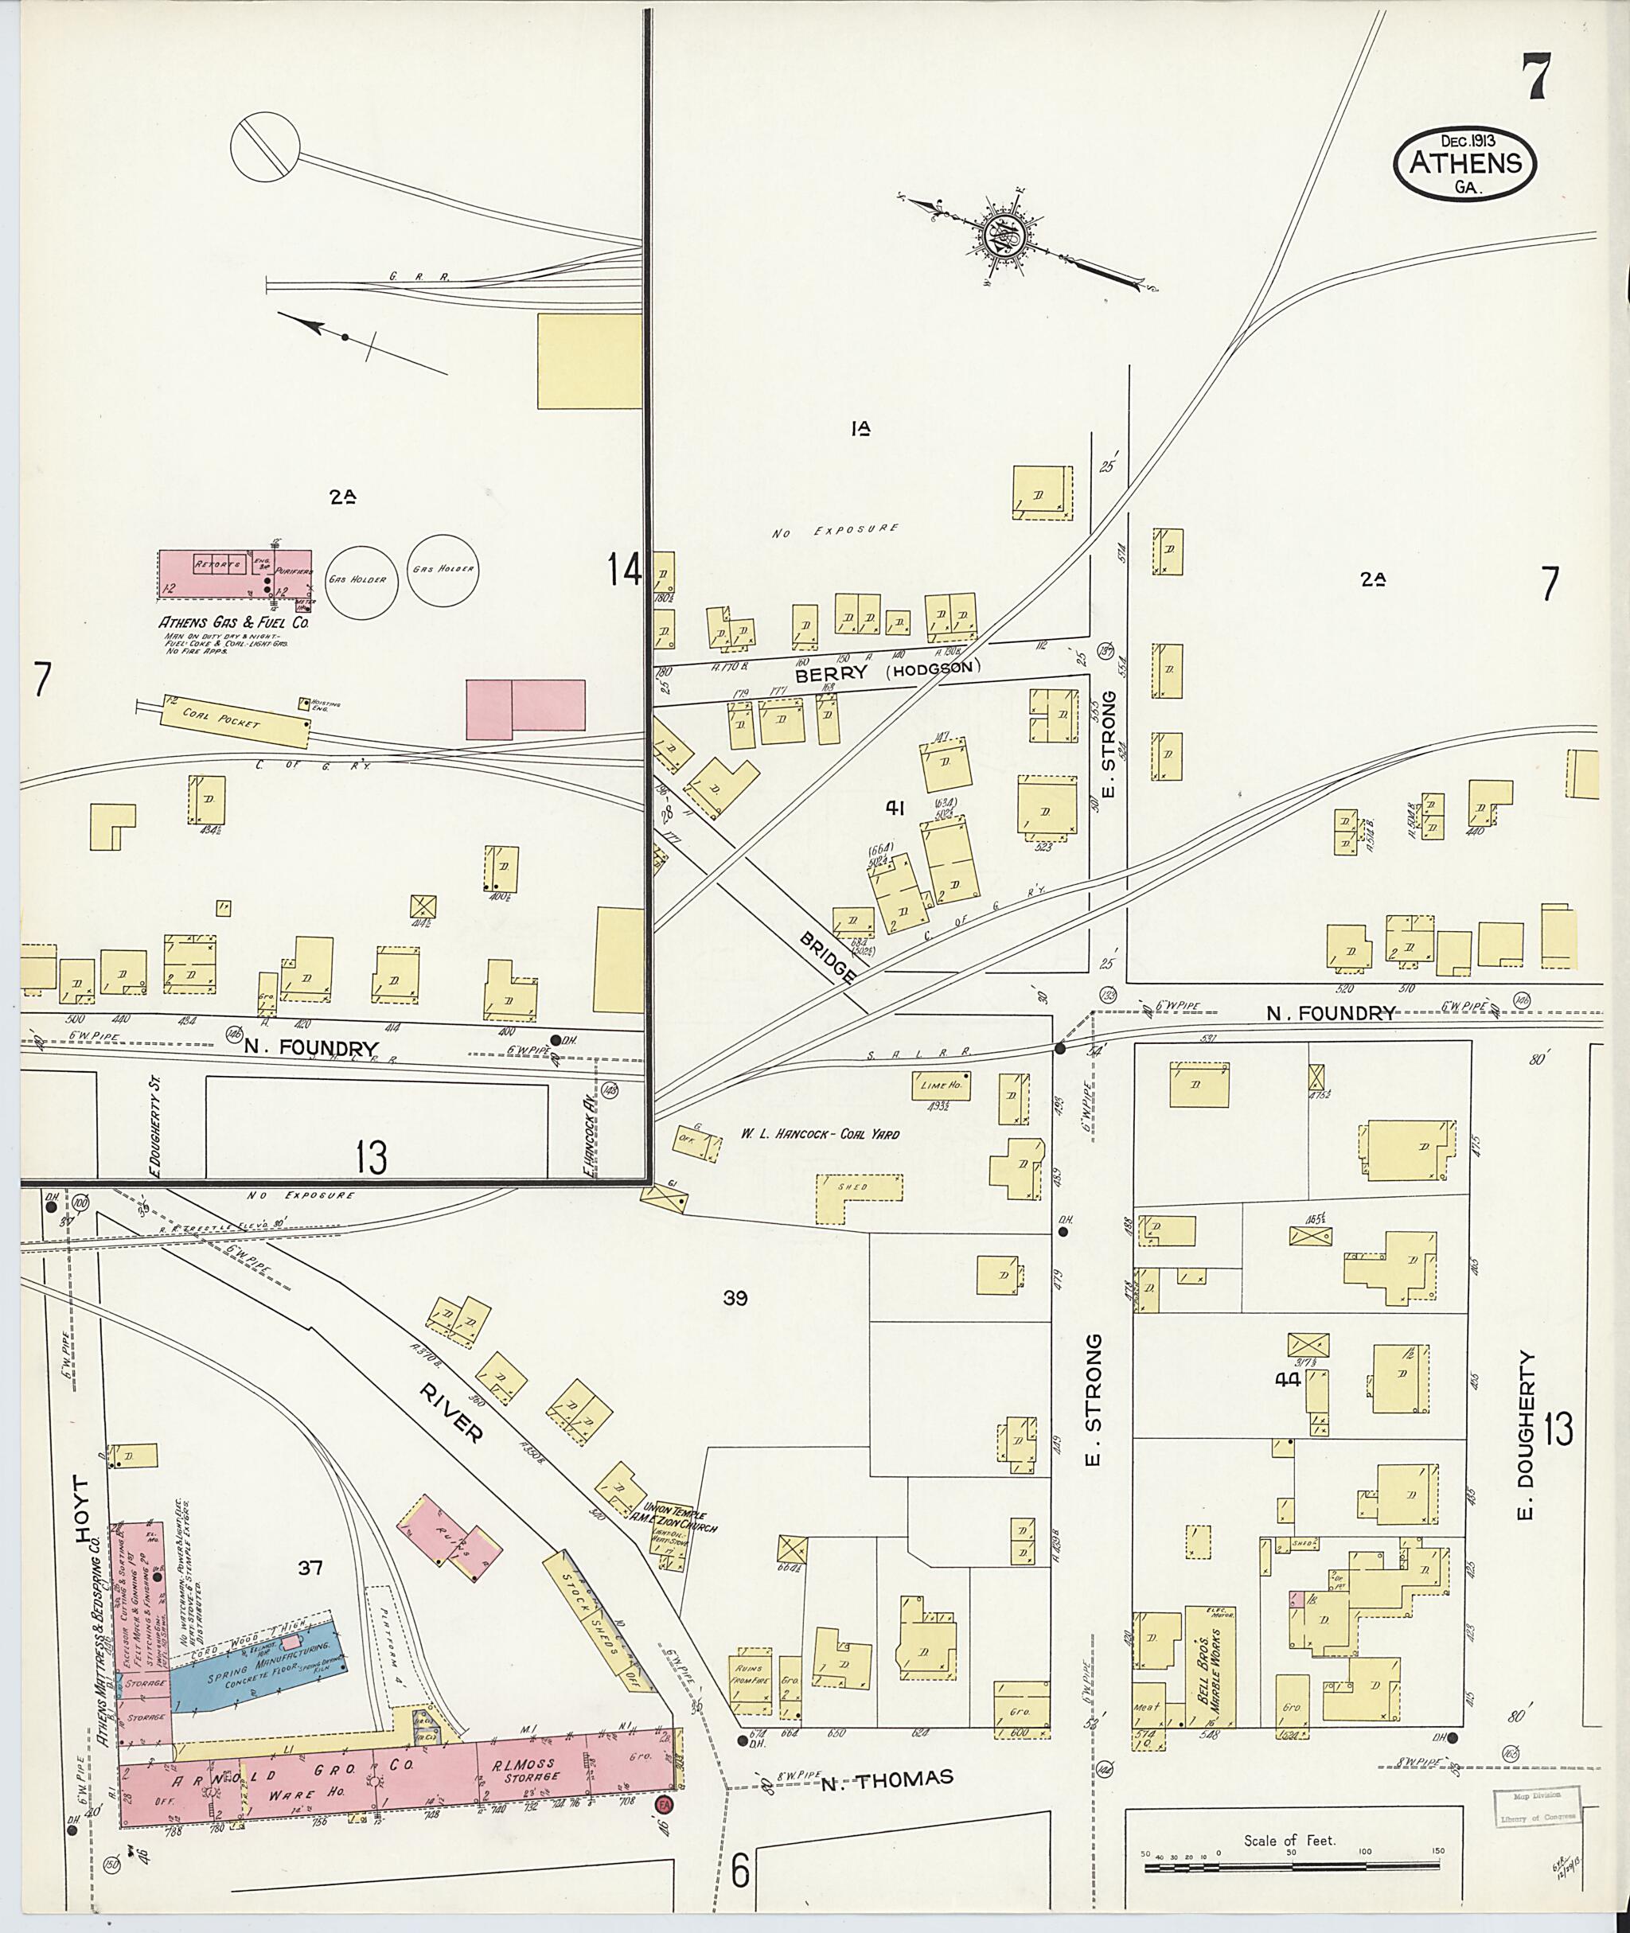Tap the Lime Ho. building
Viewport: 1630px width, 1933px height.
click(942, 1086)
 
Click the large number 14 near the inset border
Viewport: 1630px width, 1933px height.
click(625, 569)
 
